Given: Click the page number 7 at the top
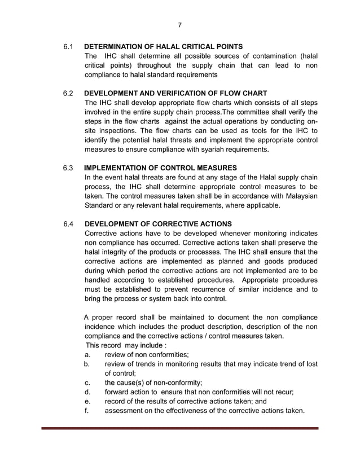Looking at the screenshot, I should point(179,25).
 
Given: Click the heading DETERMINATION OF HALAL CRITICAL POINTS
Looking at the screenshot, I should point(164,46).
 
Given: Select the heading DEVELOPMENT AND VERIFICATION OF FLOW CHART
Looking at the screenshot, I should point(175,93).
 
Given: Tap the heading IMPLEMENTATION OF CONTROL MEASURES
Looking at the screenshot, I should point(160,168).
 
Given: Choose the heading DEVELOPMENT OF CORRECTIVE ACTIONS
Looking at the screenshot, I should point(157,223).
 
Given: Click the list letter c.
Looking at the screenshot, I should point(87,382).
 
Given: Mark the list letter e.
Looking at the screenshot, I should point(87,401).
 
